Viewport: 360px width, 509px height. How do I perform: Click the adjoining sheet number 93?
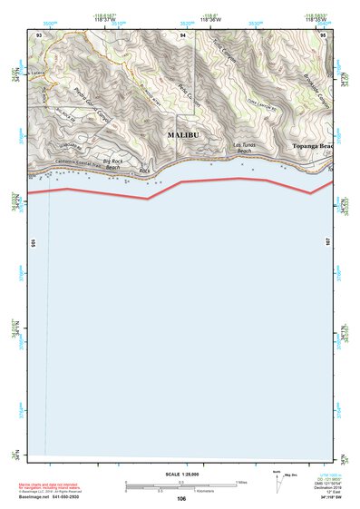39,34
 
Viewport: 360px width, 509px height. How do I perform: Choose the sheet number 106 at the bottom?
181,499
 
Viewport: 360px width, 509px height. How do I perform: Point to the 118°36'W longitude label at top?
209,21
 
